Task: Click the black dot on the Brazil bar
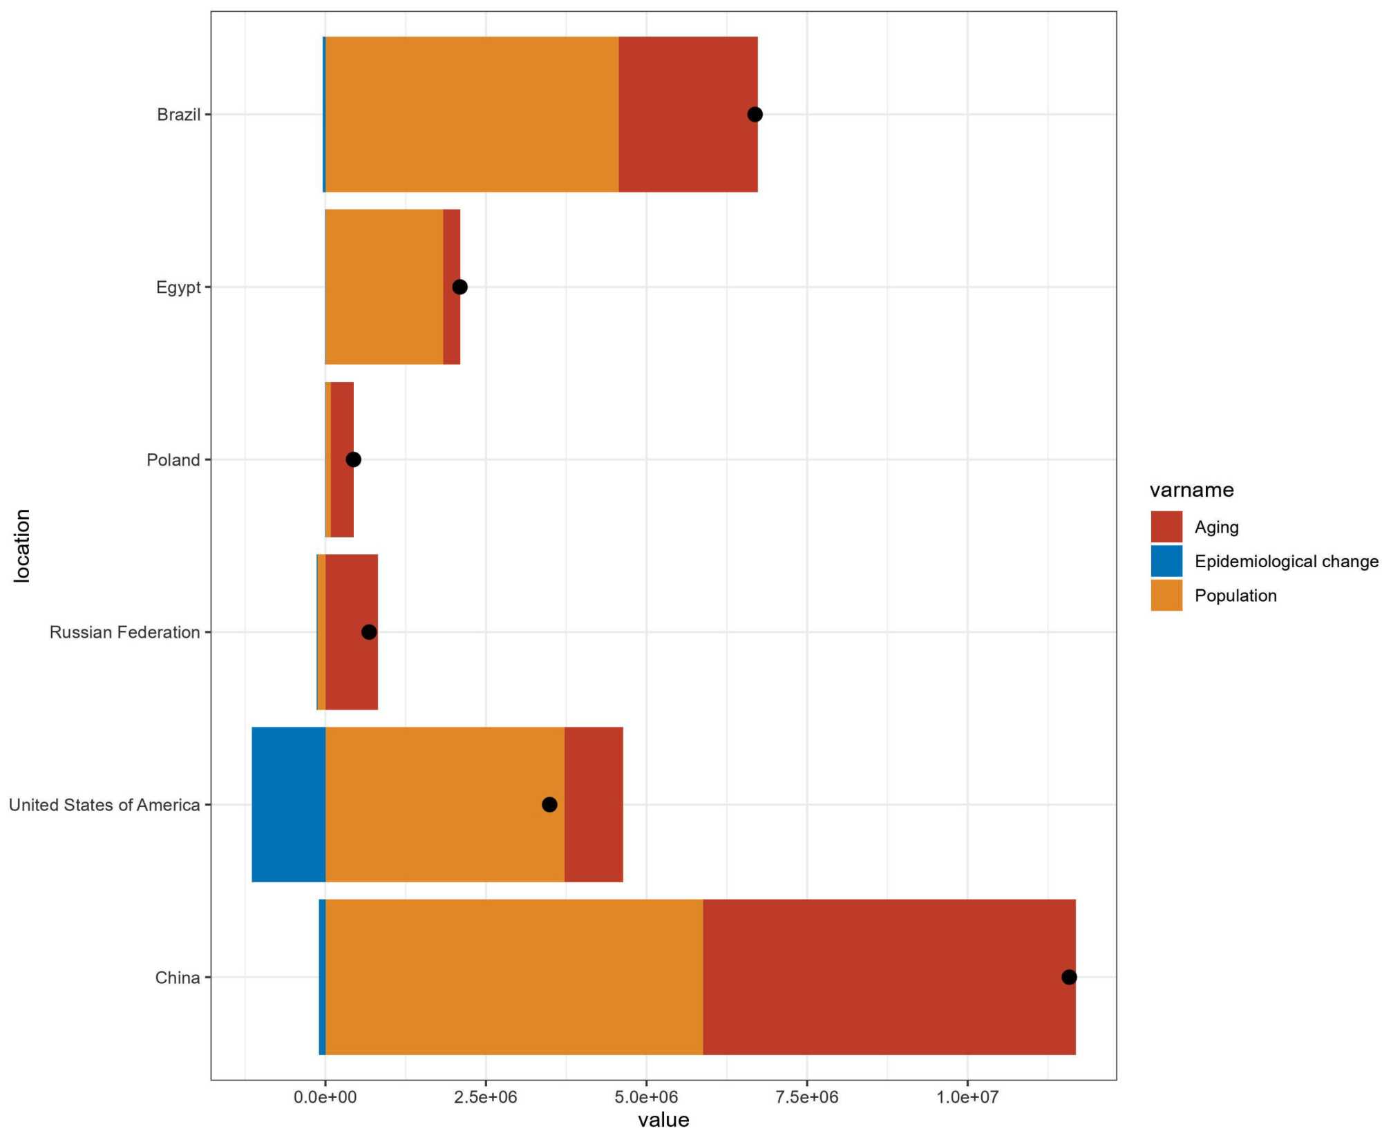[755, 115]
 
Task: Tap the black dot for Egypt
[460, 287]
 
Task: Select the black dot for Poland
[353, 459]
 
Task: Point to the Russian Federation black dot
[369, 631]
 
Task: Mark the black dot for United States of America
[549, 804]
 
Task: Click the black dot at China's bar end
[1069, 977]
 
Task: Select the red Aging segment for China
[889, 977]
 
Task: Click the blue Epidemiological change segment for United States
[288, 804]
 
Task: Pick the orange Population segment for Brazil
[471, 115]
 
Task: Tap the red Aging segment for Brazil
[688, 115]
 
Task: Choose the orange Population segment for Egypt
[384, 287]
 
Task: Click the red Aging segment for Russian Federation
[351, 663]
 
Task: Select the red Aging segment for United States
[594, 804]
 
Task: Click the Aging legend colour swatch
[1166, 527]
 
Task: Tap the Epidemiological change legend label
[1286, 562]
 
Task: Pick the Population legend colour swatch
[1166, 596]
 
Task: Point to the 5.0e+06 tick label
[646, 1097]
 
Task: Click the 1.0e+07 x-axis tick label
[967, 1097]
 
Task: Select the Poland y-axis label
[173, 460]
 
